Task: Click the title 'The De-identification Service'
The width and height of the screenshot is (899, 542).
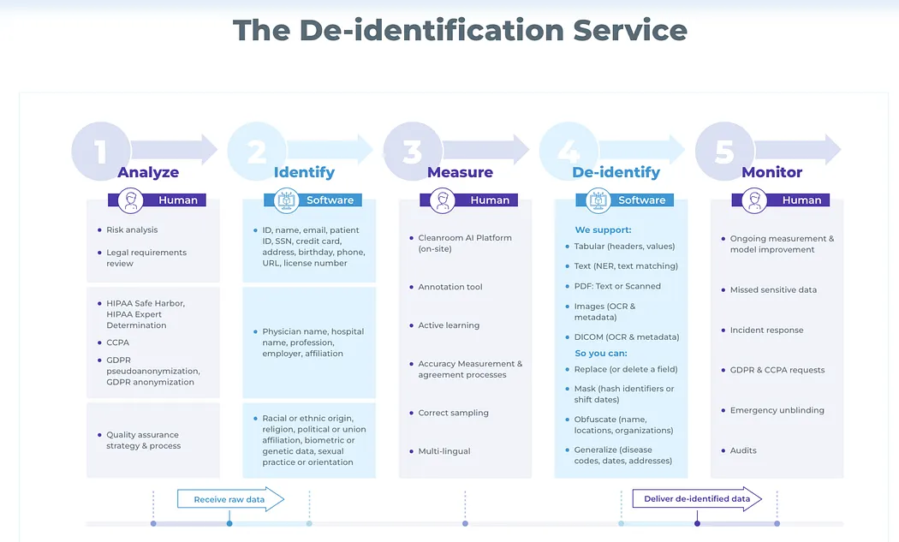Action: pos(460,31)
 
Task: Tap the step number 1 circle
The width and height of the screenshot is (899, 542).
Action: pos(101,152)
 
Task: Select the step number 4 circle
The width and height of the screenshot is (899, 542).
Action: pos(569,152)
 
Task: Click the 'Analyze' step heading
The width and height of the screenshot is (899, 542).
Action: pos(148,172)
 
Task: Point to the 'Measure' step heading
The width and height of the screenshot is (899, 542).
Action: pos(460,172)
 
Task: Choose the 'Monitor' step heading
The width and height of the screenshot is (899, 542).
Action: pos(772,172)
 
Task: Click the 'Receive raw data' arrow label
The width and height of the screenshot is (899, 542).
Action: pos(229,499)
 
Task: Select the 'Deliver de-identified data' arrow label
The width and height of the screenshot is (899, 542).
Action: pos(697,499)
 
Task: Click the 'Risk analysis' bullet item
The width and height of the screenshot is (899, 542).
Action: pos(132,229)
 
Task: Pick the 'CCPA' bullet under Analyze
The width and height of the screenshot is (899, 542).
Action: pos(118,342)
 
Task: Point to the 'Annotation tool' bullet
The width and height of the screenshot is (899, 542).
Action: pos(450,287)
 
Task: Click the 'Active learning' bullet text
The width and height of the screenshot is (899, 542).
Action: pos(449,325)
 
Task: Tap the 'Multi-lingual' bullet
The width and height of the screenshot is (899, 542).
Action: pos(444,451)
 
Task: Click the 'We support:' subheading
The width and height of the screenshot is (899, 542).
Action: pos(603,229)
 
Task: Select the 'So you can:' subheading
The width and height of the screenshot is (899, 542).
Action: pos(601,353)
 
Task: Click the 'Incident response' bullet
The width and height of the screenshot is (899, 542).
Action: pos(766,330)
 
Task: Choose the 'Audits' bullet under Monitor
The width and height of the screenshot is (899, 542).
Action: pos(743,450)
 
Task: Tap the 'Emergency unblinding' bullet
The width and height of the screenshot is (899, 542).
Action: pos(777,410)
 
